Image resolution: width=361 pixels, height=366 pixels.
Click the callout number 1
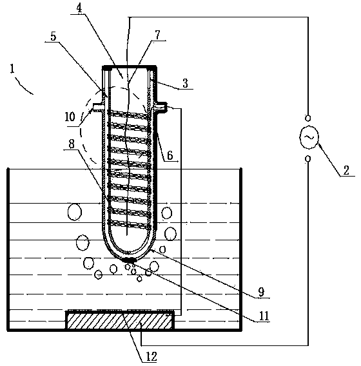tap(12, 69)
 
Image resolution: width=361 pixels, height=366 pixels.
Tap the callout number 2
tap(346, 170)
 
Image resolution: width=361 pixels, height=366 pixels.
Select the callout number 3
tap(185, 83)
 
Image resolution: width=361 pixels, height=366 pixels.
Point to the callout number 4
tap(79, 8)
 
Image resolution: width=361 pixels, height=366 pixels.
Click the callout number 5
tap(54, 36)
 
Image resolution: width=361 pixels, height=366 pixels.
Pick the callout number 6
tap(170, 155)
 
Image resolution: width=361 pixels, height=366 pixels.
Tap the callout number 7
tap(158, 35)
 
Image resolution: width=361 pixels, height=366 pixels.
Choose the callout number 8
tap(72, 144)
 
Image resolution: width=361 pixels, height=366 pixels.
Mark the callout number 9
tap(261, 292)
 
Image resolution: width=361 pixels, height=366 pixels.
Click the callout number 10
tap(70, 117)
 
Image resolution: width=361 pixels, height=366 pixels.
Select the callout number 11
tap(264, 316)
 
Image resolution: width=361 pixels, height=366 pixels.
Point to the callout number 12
tap(151, 357)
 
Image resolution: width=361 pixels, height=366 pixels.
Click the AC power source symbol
tap(309, 137)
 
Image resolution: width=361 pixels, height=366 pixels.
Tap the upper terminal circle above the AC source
tap(308, 118)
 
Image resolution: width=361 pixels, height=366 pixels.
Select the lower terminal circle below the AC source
tap(308, 159)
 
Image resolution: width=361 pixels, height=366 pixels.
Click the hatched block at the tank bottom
tap(120, 320)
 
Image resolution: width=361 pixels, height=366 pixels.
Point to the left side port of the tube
tap(98, 108)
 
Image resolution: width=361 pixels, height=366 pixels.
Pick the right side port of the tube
tap(162, 108)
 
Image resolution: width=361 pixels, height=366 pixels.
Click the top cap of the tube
tap(130, 68)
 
